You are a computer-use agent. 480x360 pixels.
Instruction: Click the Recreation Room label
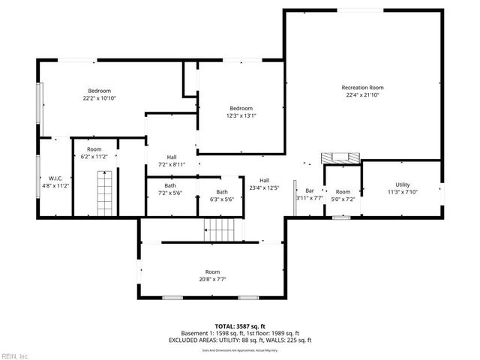tap(362, 88)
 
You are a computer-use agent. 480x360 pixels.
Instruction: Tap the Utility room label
tap(403, 184)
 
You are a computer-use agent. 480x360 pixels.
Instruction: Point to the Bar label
tap(309, 191)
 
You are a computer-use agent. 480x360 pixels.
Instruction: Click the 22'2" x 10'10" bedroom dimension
tap(99, 98)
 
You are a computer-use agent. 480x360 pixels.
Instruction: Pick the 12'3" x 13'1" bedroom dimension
tap(241, 115)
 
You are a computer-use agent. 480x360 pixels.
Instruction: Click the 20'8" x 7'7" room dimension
tap(213, 279)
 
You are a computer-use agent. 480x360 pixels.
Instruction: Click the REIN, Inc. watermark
tap(14, 355)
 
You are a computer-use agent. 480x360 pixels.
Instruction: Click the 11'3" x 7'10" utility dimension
tap(403, 192)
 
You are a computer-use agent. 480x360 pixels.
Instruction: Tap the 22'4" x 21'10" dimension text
tap(362, 95)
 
